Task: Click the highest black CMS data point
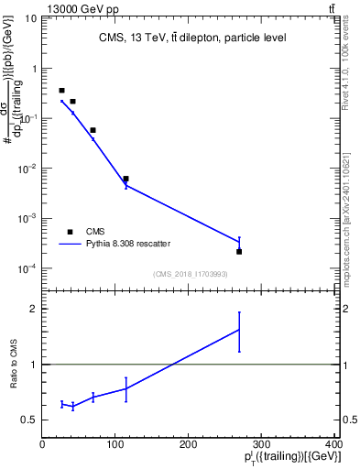[x=61, y=91]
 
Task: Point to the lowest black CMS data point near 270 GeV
[x=239, y=251]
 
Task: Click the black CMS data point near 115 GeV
[x=126, y=179]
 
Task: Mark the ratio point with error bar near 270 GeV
[x=239, y=330]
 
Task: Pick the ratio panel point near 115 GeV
[x=126, y=388]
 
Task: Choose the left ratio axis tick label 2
[x=34, y=309]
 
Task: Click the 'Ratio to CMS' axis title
[x=12, y=365]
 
